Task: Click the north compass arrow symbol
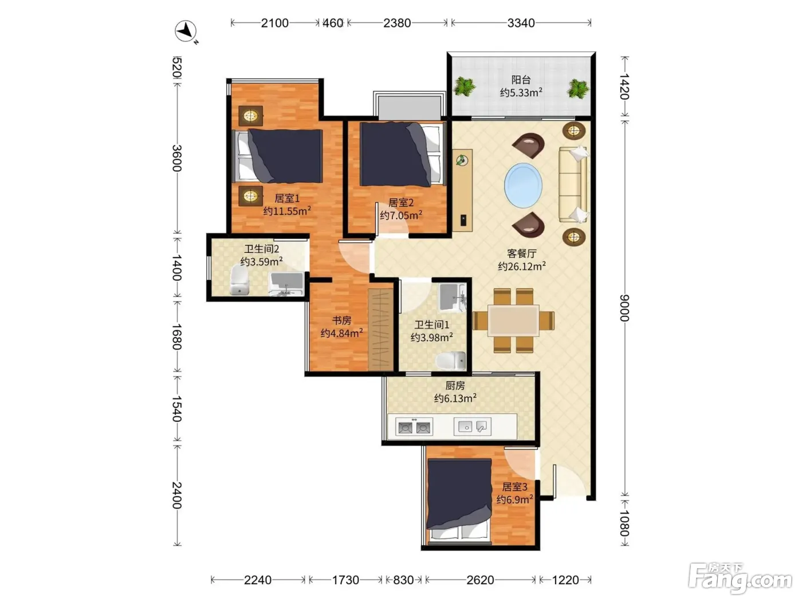click(186, 32)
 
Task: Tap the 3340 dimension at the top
click(521, 23)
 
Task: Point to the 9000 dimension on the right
click(625, 307)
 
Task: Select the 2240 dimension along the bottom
click(258, 580)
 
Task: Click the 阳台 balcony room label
click(521, 80)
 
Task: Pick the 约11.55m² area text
click(287, 211)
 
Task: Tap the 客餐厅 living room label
click(521, 253)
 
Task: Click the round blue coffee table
click(523, 185)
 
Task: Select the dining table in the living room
click(513, 320)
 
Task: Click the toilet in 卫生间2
click(239, 280)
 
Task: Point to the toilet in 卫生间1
click(451, 361)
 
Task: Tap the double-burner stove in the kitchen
click(414, 427)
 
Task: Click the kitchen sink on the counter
click(473, 427)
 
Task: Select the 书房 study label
click(341, 320)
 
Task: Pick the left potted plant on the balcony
click(464, 87)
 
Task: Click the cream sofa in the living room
click(573, 185)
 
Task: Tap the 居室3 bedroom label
click(514, 487)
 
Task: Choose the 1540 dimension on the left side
click(177, 408)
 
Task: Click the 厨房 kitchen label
click(455, 385)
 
